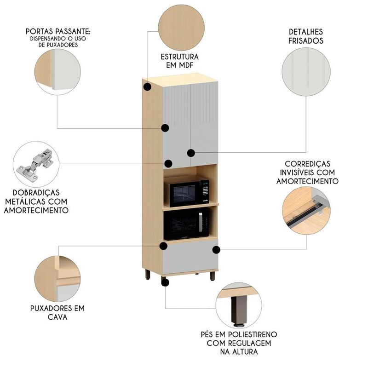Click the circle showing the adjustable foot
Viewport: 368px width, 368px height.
238,306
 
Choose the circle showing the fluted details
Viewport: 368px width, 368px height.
306,73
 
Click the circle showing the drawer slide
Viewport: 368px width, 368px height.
305,209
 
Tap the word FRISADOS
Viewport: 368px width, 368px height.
306,40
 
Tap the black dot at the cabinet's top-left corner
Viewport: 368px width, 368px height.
147,86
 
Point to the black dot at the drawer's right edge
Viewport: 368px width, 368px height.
216,249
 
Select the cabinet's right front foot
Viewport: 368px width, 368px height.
213,276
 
